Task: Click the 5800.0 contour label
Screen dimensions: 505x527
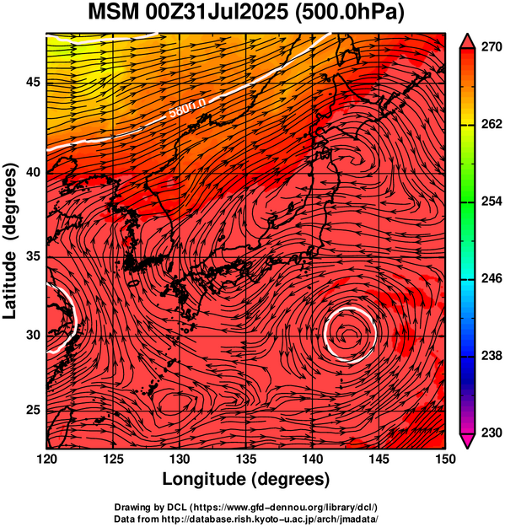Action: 187,108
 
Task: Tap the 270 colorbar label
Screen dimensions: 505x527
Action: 492,47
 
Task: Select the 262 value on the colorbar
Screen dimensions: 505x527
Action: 492,124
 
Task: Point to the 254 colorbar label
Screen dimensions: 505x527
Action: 492,202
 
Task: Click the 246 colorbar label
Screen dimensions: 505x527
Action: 492,278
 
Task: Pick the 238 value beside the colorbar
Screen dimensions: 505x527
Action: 492,356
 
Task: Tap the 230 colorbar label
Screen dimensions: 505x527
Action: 492,433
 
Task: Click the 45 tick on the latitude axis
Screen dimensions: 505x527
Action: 33,82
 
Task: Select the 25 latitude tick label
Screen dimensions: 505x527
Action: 33,411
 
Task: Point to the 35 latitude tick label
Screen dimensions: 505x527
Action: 33,257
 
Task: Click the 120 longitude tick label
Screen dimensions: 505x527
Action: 46,459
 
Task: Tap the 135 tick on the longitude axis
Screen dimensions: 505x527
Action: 247,459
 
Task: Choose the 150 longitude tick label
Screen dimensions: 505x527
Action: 445,459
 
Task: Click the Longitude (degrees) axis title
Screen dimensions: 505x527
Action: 245,479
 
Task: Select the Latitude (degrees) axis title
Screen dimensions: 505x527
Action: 10,241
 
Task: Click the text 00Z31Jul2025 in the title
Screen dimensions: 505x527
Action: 217,12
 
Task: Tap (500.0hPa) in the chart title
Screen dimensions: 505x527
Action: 349,13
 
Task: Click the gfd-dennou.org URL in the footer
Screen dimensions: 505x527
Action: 284,507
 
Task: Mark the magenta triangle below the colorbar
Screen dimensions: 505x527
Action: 467,440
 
